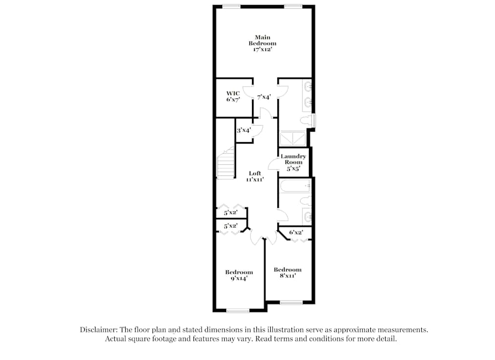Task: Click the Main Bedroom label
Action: tap(262, 44)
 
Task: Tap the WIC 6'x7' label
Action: tap(233, 97)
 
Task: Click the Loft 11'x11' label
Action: tap(255, 176)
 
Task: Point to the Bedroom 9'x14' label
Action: tap(239, 275)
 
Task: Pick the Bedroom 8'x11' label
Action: tap(288, 272)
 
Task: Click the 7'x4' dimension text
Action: tap(264, 98)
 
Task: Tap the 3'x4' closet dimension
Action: tap(243, 131)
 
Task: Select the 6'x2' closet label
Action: tap(296, 232)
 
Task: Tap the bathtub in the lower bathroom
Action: tap(294, 187)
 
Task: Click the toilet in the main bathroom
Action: tap(307, 120)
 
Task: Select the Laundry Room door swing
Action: tap(273, 164)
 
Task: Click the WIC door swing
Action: tap(248, 92)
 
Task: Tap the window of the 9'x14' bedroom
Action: tap(238, 311)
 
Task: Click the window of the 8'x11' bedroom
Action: tap(291, 302)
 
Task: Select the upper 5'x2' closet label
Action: tap(230, 213)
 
